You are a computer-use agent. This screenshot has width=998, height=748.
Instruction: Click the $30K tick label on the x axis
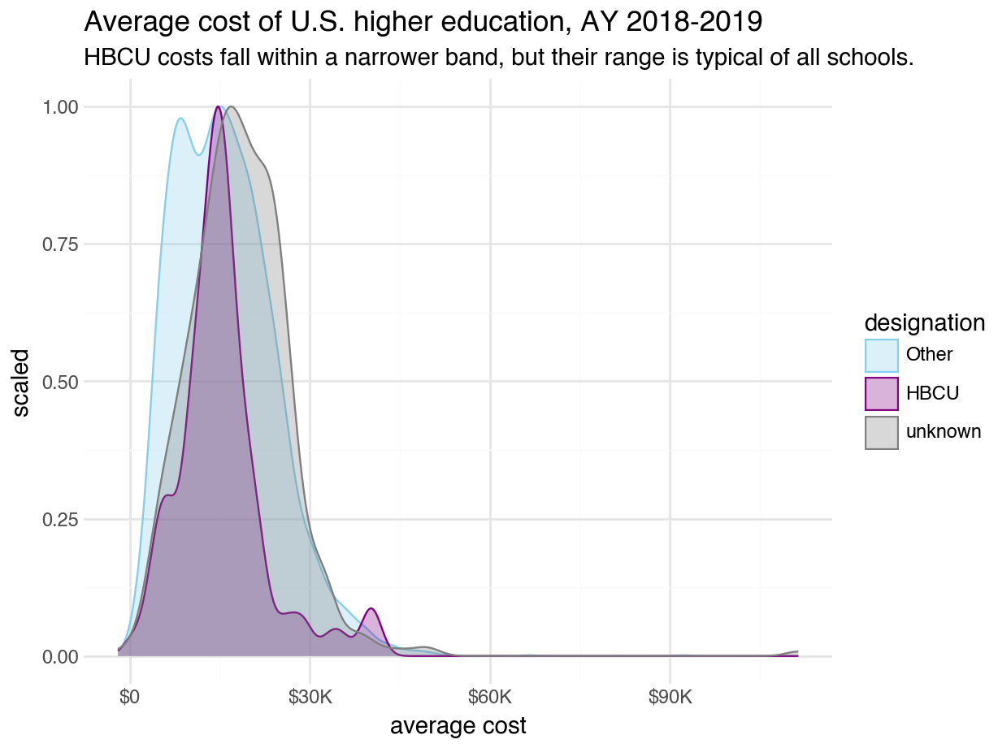(310, 698)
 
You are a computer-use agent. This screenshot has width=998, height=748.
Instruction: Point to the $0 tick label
(130, 698)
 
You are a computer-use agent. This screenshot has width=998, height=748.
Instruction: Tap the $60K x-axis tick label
(490, 698)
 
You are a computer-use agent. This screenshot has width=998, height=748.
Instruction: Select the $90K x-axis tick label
(670, 698)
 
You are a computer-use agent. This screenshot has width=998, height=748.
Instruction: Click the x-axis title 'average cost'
(458, 726)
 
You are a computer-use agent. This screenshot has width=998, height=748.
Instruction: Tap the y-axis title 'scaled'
(22, 382)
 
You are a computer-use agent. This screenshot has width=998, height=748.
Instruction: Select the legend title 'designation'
(925, 322)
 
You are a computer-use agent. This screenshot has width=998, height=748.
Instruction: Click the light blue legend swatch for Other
(881, 355)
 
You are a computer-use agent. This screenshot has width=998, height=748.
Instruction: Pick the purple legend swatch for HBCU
(881, 393)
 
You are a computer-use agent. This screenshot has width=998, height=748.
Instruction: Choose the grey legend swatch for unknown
(881, 432)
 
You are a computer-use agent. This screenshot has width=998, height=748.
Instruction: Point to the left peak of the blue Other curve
(181, 119)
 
